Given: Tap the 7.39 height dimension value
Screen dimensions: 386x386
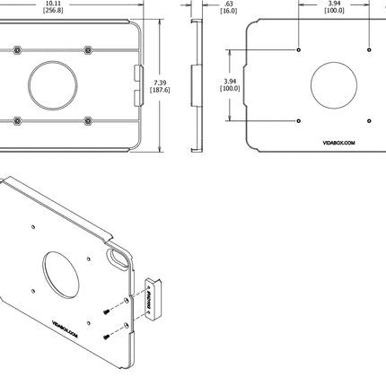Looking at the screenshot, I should coord(161,83).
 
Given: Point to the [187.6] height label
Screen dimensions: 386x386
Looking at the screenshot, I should coord(161,91).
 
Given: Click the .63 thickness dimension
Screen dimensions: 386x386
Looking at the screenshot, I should coord(206,4).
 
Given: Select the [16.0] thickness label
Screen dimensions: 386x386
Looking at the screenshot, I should coord(206,11).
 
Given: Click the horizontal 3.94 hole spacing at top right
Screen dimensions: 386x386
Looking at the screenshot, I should coord(334,3).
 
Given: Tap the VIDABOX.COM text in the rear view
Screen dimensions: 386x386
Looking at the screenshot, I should coord(338,141).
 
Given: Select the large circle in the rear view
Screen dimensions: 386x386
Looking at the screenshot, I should coord(336,86).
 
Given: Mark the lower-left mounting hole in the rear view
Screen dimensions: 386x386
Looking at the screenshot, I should coord(299,120).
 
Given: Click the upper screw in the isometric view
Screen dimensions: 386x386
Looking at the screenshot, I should coord(107,311).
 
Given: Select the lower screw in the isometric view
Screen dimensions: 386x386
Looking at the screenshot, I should coord(107,336).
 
